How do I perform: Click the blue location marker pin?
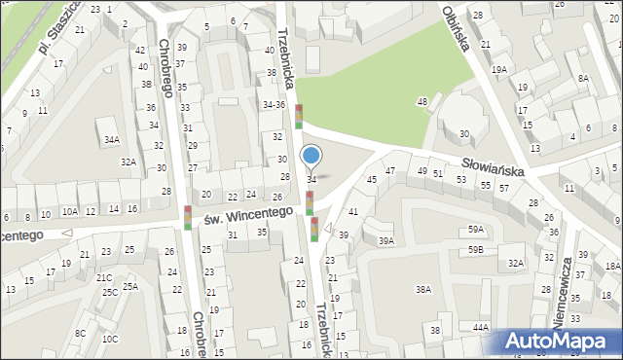(x=311, y=157)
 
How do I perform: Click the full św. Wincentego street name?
(x=248, y=212)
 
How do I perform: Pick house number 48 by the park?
(x=422, y=102)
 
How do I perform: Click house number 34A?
(x=112, y=140)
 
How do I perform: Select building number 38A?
(x=422, y=289)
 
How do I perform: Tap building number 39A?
(x=386, y=240)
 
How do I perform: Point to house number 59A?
(x=475, y=229)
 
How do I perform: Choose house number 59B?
(x=475, y=250)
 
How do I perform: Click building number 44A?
(x=481, y=327)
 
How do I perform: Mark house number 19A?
(x=499, y=69)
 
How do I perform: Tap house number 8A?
(x=582, y=78)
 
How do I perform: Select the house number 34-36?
(x=274, y=104)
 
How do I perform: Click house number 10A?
(x=69, y=210)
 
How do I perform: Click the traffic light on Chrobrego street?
(x=187, y=218)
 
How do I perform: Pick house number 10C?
(x=110, y=339)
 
